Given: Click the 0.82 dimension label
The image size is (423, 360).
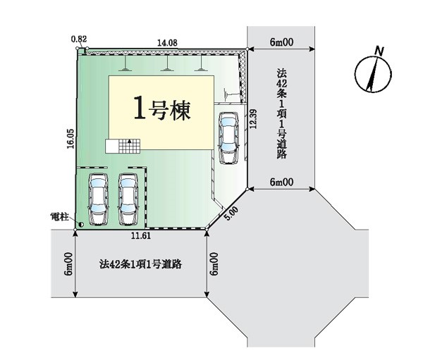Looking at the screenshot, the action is point(79,39).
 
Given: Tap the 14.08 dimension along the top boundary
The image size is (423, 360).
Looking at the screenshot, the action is point(167,43).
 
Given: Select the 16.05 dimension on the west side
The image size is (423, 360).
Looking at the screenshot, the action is point(70,139).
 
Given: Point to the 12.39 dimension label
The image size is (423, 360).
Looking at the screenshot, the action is point(253,118).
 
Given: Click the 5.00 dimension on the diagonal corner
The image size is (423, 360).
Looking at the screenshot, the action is point(232,213).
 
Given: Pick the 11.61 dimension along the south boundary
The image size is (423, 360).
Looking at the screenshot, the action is point(141,236).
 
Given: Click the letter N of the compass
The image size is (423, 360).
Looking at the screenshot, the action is point(380,51).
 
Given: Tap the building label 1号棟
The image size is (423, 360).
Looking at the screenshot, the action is point(162,111).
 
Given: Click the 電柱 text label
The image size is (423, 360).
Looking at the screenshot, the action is point(59,217).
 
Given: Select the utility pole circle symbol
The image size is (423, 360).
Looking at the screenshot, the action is point(80,224).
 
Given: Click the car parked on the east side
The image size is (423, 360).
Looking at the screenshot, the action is point(228,138).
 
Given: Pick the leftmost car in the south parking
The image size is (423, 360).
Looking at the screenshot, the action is point(98,199).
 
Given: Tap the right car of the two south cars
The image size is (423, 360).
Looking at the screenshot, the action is point(128,199).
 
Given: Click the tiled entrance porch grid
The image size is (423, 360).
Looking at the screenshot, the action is point(129,146).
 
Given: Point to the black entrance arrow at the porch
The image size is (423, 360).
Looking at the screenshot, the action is point(130,141).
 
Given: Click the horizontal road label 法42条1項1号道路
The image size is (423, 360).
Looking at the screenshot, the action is point(140,264).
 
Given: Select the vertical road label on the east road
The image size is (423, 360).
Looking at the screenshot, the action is point(281,113).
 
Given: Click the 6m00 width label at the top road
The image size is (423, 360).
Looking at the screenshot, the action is point(281,42).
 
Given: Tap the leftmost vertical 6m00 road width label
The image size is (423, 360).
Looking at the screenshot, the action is point(68,263).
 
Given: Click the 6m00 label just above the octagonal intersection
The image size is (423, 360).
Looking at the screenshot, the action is point(281,182).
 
